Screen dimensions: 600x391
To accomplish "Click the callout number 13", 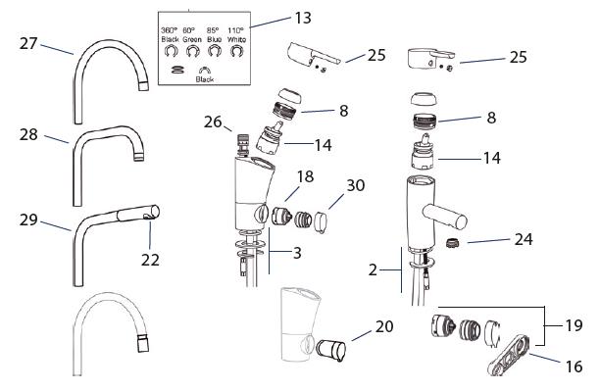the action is pos(303,18).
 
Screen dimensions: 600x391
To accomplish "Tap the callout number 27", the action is pos(28,44).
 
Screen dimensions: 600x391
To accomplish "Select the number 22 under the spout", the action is pos(150,260).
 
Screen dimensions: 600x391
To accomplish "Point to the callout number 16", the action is pos(574,367).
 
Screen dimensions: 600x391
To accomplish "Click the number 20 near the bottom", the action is pos(384,326).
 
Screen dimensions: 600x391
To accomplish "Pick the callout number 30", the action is pos(356,185).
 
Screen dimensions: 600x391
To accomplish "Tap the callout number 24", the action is pos(524,239).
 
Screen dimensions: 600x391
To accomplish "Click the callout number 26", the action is pos(213,122).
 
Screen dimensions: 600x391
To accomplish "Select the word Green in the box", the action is pos(192,39).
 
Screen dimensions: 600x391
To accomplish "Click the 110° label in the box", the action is pos(235,30).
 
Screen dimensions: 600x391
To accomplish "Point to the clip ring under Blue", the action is pos(215,51).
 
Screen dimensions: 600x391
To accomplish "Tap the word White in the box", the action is pos(237,39).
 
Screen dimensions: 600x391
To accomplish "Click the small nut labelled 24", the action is pos(453,243).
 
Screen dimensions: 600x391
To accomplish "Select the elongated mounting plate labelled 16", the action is pos(510,355).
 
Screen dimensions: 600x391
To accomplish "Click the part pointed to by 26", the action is pos(242,144).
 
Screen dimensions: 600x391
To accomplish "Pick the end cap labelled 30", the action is pos(321,223).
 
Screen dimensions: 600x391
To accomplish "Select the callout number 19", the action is pos(574,325).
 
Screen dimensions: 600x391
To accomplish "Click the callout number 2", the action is pos(374,270).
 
